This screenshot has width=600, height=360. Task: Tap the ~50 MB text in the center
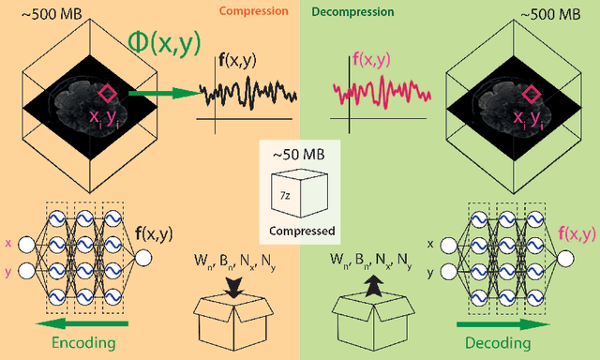(x=299, y=152)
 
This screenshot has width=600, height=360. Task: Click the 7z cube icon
(x=299, y=193)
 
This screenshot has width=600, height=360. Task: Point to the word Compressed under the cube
(x=299, y=227)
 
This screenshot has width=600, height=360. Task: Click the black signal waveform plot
(x=248, y=96)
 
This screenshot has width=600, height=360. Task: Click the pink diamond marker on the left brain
(x=109, y=94)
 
